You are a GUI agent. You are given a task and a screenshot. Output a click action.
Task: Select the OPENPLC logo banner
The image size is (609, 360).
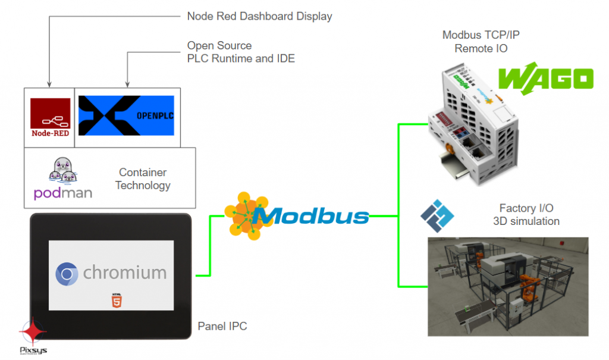tap(126, 114)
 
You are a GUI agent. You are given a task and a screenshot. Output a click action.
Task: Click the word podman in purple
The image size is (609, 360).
tap(63, 194)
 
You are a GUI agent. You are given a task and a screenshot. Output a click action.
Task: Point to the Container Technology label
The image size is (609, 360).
tap(143, 179)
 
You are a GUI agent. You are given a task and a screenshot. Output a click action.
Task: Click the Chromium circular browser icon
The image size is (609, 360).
tap(67, 274)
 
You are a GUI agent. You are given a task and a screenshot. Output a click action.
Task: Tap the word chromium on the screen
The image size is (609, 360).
tap(124, 273)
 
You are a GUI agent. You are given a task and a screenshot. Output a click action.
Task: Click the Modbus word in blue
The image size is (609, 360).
tap(314, 215)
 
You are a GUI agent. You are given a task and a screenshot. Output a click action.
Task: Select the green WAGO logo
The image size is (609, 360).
tap(546, 79)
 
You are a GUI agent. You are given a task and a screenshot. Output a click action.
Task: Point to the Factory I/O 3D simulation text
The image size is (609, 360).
tap(526, 214)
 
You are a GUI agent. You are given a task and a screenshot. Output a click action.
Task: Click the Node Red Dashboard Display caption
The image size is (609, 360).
tap(259, 17)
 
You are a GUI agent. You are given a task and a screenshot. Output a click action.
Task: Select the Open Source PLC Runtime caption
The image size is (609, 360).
tap(241, 52)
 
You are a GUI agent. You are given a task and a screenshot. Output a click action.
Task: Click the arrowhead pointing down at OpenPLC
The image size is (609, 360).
tap(127, 83)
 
